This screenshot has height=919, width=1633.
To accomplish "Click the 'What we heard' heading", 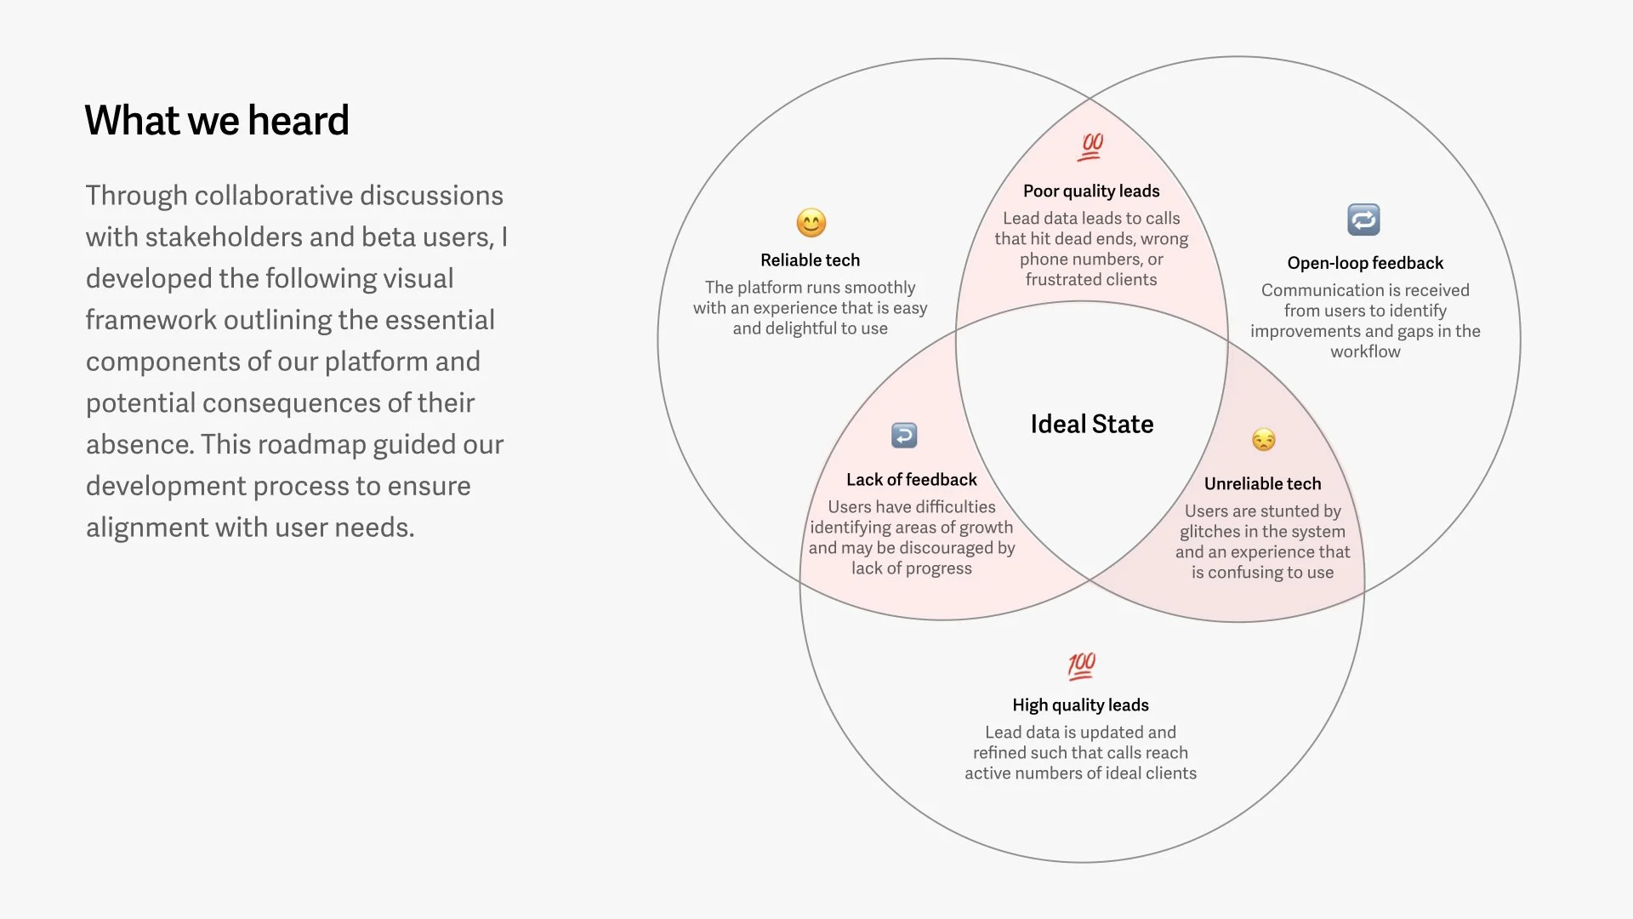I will click(x=217, y=121).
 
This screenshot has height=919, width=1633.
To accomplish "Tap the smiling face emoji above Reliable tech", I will click(x=811, y=223).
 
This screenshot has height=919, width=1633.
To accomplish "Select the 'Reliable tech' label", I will click(x=810, y=260).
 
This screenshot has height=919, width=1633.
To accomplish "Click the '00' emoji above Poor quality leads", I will click(x=1091, y=146).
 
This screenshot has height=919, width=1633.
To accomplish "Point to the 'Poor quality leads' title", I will click(x=1091, y=191).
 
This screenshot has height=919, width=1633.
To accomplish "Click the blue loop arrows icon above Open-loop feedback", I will click(x=1363, y=220).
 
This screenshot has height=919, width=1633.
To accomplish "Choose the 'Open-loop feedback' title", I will click(x=1365, y=263).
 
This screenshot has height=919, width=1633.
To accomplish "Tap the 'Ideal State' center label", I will click(x=1092, y=424).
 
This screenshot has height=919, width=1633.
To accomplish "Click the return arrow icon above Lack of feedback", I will click(x=904, y=436).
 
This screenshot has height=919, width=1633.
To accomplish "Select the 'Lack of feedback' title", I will click(x=912, y=480).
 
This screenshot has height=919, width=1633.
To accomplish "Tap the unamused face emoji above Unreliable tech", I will click(x=1264, y=440).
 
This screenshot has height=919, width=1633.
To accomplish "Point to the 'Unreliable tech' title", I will click(x=1263, y=484).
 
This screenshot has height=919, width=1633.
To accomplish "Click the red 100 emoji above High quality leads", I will click(x=1082, y=665).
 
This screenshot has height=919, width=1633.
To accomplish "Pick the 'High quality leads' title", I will click(x=1080, y=705).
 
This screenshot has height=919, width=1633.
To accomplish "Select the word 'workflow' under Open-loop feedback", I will click(x=1365, y=351).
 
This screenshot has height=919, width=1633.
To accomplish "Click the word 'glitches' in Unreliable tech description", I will click(x=1209, y=532).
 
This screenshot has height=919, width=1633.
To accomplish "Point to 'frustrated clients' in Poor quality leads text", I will click(x=1091, y=280).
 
